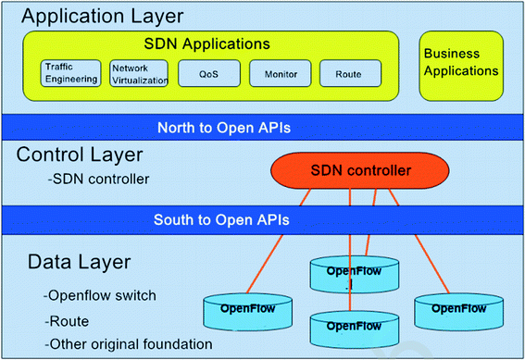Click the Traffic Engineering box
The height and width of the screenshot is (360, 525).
click(71, 73)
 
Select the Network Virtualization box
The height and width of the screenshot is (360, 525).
click(139, 73)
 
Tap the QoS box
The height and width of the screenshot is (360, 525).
click(208, 73)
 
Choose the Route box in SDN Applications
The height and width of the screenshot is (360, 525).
click(350, 73)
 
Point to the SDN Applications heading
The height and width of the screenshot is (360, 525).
click(206, 43)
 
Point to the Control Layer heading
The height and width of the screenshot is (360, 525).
click(79, 154)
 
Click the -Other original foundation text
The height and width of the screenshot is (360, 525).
click(128, 344)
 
